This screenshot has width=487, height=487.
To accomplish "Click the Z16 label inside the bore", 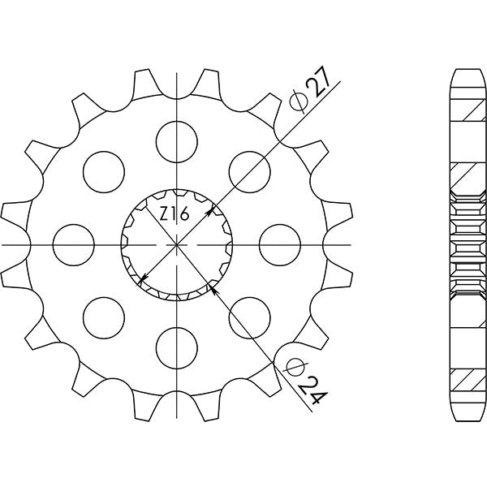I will (x=174, y=215).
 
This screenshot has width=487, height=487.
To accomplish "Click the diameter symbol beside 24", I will (x=294, y=366).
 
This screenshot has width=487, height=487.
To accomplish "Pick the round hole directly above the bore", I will (x=177, y=137).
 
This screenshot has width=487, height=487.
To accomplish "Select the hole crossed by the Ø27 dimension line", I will (x=250, y=169).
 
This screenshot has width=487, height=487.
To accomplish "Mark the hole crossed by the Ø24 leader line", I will (x=250, y=317).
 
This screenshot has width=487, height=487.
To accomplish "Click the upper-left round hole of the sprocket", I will (x=104, y=169).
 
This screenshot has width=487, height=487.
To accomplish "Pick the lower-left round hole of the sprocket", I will (x=104, y=317).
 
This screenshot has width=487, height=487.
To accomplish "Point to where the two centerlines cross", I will (x=177, y=243).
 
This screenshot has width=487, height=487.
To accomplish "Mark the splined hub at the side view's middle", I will (x=463, y=243).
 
